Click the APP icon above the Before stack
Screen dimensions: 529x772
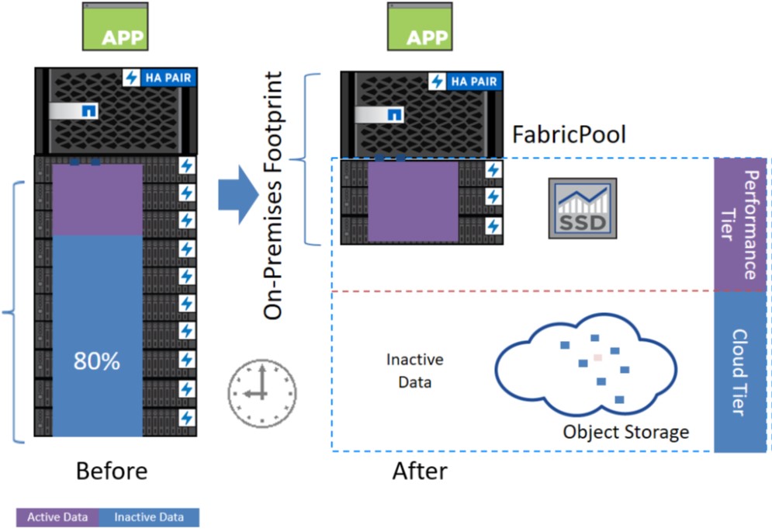pos(115,27)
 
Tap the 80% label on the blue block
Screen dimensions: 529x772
pos(97,360)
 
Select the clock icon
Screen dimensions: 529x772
pos(262,389)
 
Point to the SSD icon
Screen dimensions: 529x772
pos(583,207)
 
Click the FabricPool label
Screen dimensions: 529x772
pos(569,135)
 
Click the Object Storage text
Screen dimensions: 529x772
pos(626,431)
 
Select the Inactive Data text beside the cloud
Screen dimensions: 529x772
pos(415,371)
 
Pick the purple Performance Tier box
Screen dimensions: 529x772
pos(740,224)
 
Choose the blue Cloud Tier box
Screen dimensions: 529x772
pos(740,372)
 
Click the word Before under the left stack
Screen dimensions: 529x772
pos(111,472)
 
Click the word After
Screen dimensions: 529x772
pos(420,472)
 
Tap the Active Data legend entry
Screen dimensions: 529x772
pos(57,517)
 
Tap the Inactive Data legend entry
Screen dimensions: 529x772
pos(148,517)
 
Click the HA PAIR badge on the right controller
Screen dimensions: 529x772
pos(465,81)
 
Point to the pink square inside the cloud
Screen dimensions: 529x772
pos(597,357)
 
